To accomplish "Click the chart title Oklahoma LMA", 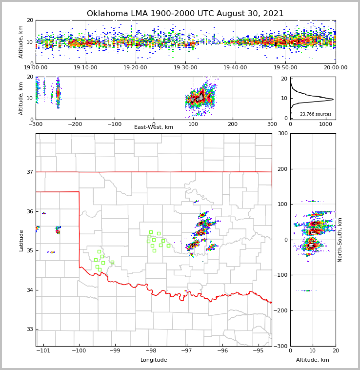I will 185,14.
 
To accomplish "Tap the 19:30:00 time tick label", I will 185,68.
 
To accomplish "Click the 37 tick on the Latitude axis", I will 30,172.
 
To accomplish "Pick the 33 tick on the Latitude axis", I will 30,329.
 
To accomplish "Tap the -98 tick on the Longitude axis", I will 151,350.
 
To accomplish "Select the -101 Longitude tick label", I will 43,350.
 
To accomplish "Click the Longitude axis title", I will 154,360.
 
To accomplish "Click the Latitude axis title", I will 21,240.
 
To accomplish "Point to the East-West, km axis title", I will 154,127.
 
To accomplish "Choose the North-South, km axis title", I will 340,240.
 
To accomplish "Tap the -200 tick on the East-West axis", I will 75,124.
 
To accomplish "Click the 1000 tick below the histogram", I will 326,124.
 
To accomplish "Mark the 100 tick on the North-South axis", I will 282,204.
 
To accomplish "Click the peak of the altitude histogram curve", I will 333,100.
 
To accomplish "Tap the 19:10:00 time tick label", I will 85,68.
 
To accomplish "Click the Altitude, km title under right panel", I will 313,360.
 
